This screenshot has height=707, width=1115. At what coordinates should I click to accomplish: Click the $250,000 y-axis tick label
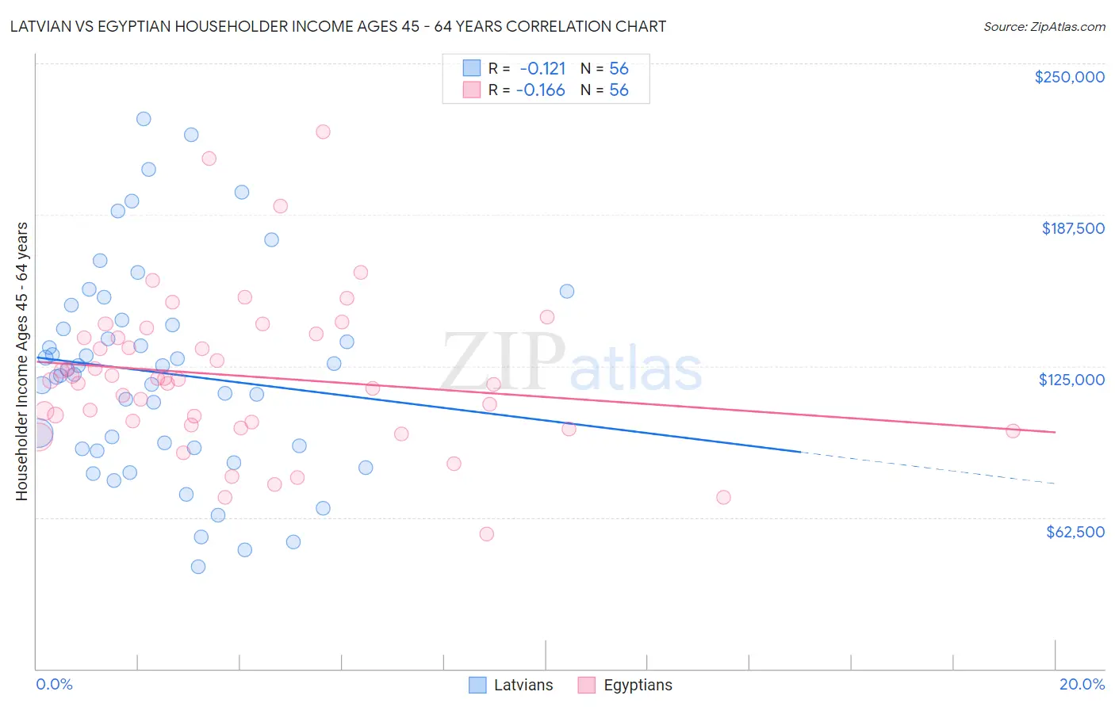click(1069, 77)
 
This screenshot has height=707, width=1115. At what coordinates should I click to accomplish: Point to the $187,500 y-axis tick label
click(1072, 228)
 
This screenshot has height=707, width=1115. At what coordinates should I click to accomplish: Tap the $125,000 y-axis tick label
click(1071, 380)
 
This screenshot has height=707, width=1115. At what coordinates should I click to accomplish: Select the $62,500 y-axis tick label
click(1075, 532)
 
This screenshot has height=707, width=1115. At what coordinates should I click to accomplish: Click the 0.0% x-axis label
click(54, 684)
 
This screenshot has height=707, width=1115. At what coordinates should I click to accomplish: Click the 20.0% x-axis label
click(1082, 684)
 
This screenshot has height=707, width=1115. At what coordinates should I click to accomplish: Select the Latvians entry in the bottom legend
click(512, 685)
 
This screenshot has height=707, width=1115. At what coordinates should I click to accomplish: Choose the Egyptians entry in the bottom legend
click(626, 685)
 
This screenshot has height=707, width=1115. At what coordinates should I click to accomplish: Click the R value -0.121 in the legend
click(542, 68)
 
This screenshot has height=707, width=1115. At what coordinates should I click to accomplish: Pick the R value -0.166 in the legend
click(540, 90)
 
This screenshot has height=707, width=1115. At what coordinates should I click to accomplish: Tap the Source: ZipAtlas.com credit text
click(1044, 26)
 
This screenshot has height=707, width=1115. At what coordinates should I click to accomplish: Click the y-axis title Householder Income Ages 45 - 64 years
click(22, 361)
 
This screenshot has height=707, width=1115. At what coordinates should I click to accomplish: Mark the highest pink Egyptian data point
click(323, 132)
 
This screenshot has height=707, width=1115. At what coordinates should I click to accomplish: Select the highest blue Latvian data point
click(144, 119)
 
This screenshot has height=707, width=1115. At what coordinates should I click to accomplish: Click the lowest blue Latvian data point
click(198, 567)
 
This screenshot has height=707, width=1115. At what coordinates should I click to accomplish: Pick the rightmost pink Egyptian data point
click(1013, 431)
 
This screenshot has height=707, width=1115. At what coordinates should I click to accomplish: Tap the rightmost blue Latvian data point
click(567, 291)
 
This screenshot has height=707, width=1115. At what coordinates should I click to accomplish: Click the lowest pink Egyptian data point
click(487, 534)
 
